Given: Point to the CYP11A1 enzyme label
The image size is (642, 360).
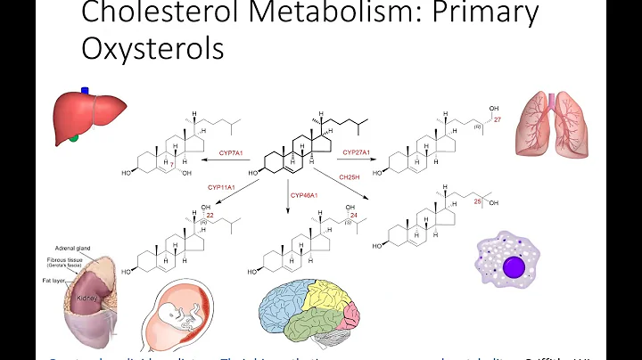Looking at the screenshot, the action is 222,188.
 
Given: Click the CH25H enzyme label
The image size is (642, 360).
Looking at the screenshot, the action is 350,176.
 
